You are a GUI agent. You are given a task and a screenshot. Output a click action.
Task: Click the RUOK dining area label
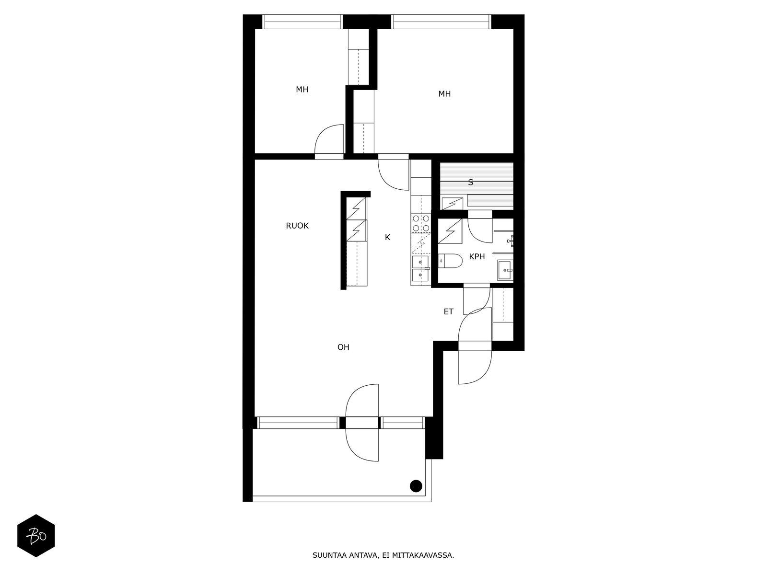[x=297, y=226]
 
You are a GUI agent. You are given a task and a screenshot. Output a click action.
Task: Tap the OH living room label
[x=343, y=347]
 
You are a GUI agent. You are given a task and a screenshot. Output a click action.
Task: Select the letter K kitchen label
[x=387, y=237]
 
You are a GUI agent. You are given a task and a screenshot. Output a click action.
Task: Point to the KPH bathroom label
[x=476, y=257]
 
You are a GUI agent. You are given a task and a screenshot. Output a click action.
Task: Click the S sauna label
[x=470, y=182]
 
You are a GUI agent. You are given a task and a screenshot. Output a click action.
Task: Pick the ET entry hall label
[x=448, y=311]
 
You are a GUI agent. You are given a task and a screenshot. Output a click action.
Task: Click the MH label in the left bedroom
[x=302, y=90]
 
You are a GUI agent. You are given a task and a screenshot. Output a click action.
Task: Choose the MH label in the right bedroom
[x=444, y=93]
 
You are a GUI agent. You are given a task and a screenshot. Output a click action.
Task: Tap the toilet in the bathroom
[x=450, y=261]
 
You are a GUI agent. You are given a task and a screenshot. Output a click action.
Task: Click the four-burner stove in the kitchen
[x=421, y=223]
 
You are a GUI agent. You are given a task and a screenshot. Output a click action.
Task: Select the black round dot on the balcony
[x=416, y=486]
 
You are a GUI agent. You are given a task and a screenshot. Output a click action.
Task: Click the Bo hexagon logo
[x=36, y=536]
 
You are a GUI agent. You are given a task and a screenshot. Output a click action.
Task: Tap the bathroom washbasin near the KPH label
[x=505, y=270]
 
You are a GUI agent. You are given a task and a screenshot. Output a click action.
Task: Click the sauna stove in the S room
[x=452, y=203]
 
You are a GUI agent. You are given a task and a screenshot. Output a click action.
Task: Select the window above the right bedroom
[x=441, y=22]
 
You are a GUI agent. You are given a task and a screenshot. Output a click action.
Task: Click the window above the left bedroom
[x=302, y=22]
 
